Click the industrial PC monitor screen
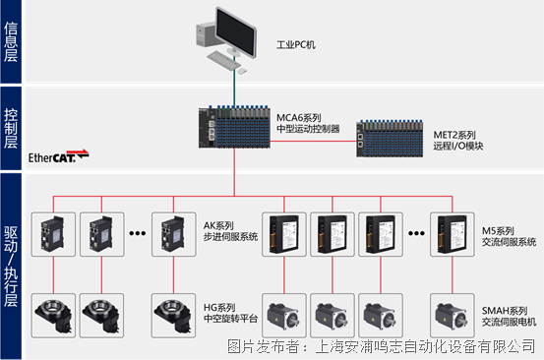[235, 31]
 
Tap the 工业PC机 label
[296, 45]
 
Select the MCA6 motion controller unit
[234, 127]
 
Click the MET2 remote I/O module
[390, 139]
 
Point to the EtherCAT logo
[59, 156]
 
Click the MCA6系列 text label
[299, 118]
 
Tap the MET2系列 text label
[454, 135]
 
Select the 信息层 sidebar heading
[11, 41]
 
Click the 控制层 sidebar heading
[11, 128]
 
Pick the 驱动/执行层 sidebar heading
[11, 267]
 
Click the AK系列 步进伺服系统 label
[230, 231]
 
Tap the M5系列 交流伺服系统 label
[509, 236]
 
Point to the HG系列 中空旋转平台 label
[230, 313]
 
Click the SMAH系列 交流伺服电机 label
[509, 316]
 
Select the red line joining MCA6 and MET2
[313, 142]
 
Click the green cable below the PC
[234, 81]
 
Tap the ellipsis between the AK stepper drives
[138, 233]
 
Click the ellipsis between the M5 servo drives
[416, 233]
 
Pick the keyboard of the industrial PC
[222, 60]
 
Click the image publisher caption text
[382, 346]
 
